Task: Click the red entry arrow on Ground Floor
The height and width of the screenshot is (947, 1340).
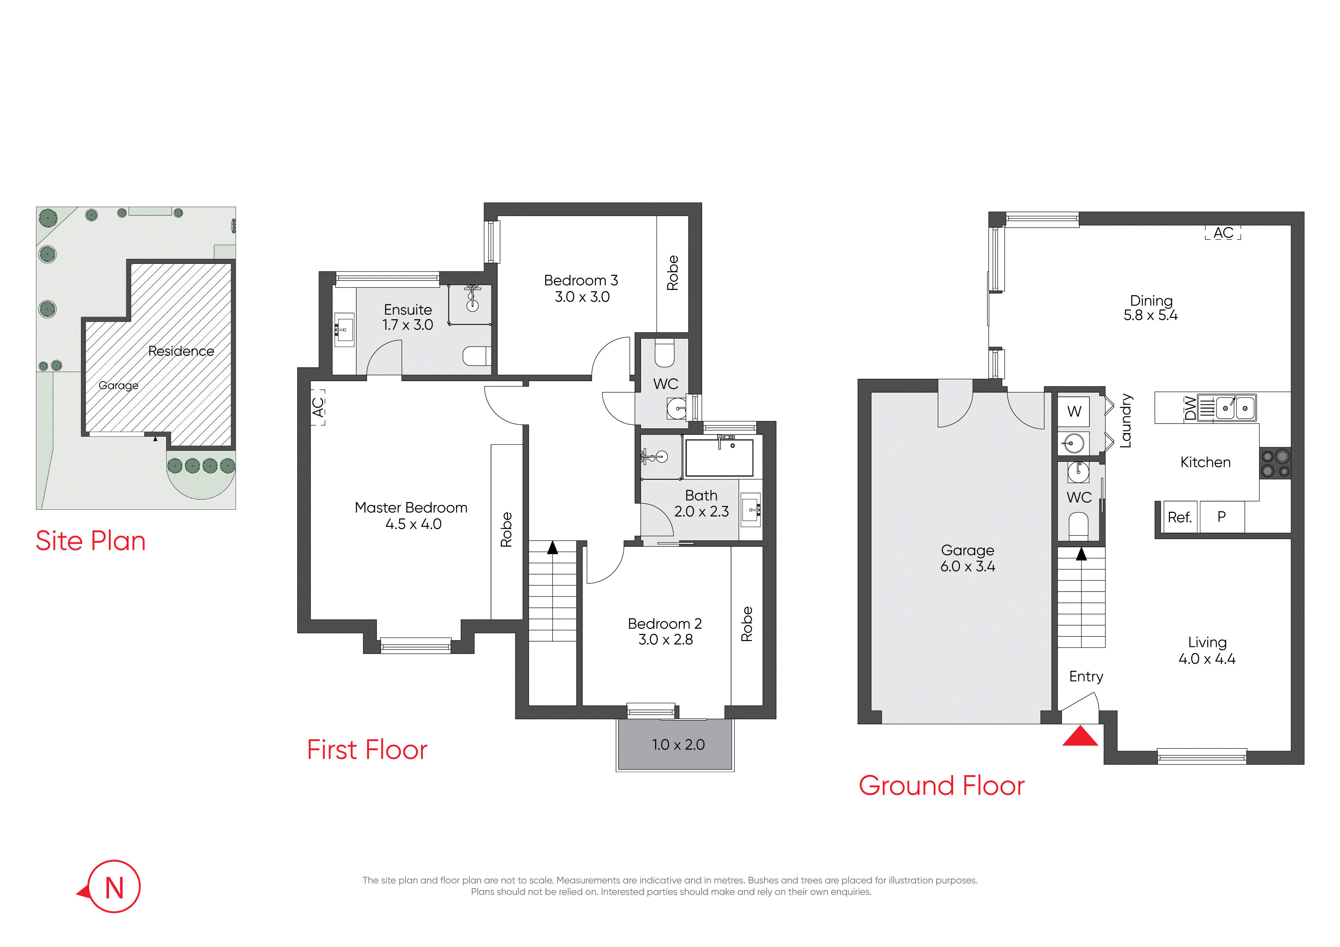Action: click(1080, 736)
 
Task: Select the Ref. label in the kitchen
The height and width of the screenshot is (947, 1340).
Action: click(1180, 517)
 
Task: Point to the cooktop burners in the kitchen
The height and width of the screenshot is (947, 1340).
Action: click(1275, 463)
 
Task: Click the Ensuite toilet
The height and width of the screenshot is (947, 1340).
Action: click(476, 356)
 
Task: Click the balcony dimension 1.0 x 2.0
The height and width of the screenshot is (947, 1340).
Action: click(678, 745)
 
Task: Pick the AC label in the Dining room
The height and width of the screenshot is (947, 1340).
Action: click(1223, 233)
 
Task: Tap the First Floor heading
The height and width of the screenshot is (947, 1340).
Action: click(367, 750)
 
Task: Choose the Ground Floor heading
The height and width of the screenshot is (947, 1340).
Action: click(941, 786)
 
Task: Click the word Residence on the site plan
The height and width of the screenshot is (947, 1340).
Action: click(181, 351)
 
